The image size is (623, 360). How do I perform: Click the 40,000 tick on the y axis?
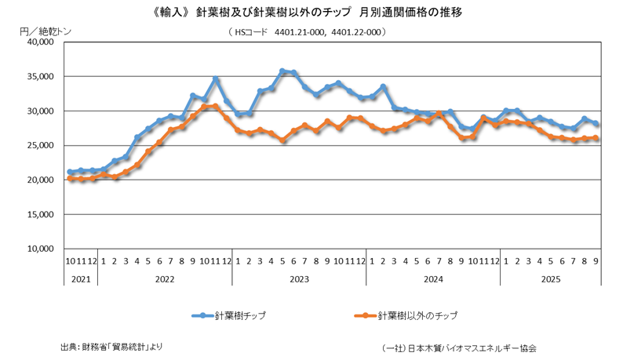point(37,42)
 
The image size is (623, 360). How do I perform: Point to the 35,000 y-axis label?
point(37,77)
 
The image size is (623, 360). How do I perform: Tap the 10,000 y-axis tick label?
point(37,249)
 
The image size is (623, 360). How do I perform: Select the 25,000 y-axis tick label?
point(37,146)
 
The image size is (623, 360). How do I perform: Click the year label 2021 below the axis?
point(81,278)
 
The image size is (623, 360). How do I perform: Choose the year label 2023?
point(298,278)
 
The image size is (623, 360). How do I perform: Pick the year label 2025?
point(551,278)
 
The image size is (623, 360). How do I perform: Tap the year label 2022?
point(164,278)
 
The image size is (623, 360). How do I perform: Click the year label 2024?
point(433,278)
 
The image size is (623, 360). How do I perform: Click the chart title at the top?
point(311,13)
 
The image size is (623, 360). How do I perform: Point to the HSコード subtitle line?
point(311,32)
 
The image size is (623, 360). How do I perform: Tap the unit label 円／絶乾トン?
point(44,30)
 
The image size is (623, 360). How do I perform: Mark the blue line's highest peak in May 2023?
point(282,71)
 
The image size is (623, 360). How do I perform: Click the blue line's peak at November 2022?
point(216,79)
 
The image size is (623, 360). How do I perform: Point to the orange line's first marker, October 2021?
point(70,179)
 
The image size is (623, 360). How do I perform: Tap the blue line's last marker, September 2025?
point(596,124)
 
